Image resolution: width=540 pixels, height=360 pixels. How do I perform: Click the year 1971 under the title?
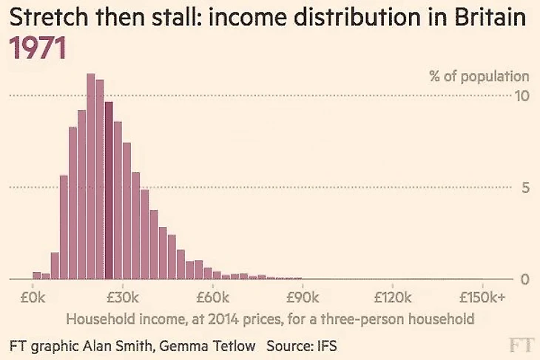(x=38, y=48)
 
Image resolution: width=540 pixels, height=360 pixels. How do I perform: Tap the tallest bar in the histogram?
(x=91, y=177)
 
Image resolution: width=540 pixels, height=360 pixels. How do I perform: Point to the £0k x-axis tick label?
(x=33, y=298)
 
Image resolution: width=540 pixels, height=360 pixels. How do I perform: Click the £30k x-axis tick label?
(x=123, y=298)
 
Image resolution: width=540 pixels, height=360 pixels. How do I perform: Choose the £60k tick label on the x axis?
(x=212, y=298)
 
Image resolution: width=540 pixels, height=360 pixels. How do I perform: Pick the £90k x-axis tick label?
(x=303, y=298)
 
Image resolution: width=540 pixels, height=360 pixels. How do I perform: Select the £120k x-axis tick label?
(x=392, y=298)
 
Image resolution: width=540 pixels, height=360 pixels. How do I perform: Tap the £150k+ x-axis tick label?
(x=482, y=298)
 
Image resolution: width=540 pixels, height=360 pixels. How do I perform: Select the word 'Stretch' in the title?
(x=42, y=20)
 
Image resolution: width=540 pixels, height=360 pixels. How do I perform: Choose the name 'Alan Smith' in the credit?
(x=128, y=345)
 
